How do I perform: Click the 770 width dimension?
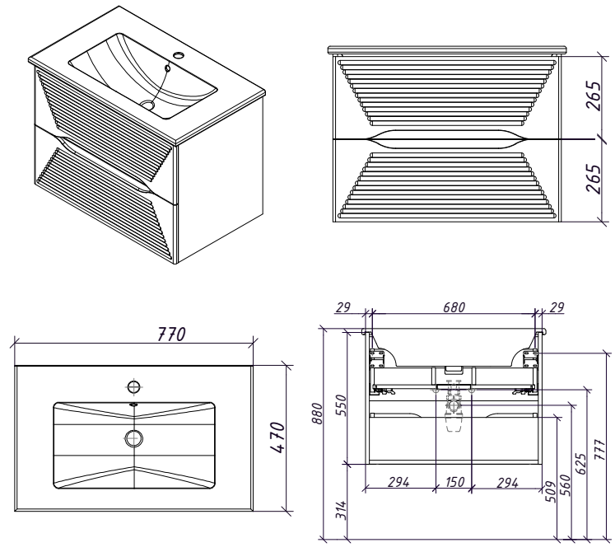click(x=171, y=334)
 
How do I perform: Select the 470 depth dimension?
click(x=277, y=437)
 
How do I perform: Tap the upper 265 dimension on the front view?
click(x=594, y=96)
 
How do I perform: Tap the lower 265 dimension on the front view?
click(x=594, y=178)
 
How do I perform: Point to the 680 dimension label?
click(x=454, y=307)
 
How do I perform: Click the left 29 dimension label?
click(x=343, y=307)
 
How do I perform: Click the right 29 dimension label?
click(x=557, y=307)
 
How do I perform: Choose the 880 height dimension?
click(x=317, y=414)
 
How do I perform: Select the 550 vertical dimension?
click(x=341, y=405)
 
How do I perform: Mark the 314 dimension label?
click(x=342, y=510)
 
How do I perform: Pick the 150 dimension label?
click(x=454, y=482)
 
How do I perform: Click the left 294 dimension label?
click(x=399, y=482)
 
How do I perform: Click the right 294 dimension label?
click(x=507, y=482)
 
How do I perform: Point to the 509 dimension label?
click(x=551, y=492)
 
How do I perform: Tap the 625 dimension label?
click(x=581, y=464)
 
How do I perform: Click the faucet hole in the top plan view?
click(x=134, y=386)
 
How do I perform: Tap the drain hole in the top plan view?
click(x=133, y=438)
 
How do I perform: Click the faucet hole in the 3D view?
click(x=179, y=54)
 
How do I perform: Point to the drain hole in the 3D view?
click(x=148, y=105)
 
